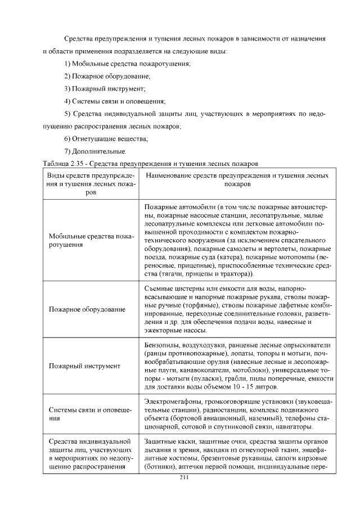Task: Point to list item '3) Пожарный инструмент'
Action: pos(105,89)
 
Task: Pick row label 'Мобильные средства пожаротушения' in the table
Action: pos(90,241)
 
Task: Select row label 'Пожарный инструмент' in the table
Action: pos(85,366)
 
